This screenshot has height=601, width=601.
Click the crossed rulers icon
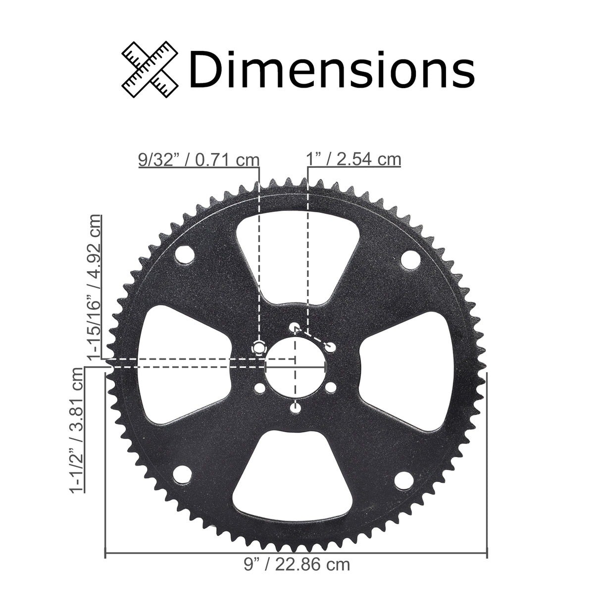150,69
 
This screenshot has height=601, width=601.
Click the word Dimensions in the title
332,70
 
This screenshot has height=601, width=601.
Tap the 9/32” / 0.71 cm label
199,160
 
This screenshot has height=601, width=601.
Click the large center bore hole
295,368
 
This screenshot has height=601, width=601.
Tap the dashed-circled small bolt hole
258,347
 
